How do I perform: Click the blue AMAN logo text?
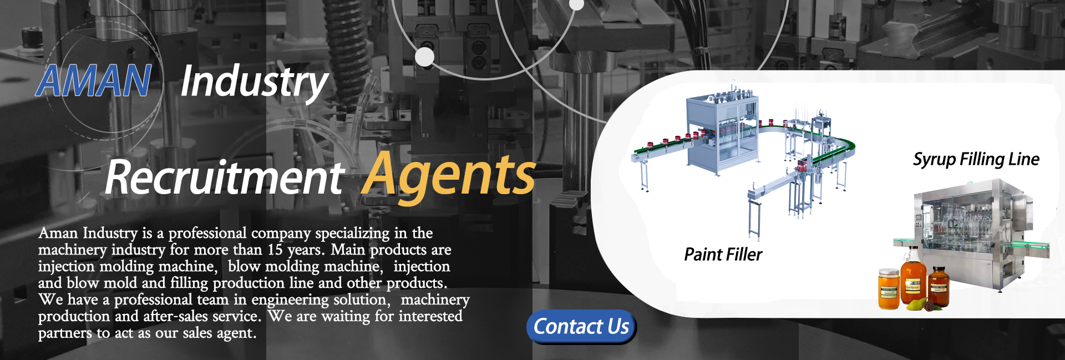click(94, 81)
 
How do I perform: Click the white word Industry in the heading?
click(255, 82)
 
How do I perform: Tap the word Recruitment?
click(225, 178)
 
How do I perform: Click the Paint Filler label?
click(723, 255)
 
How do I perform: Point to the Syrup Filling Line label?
click(976, 160)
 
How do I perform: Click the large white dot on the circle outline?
click(424, 57)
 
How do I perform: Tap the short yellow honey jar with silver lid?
click(889, 288)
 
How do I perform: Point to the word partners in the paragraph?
click(65, 333)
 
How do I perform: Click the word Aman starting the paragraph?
click(58, 234)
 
